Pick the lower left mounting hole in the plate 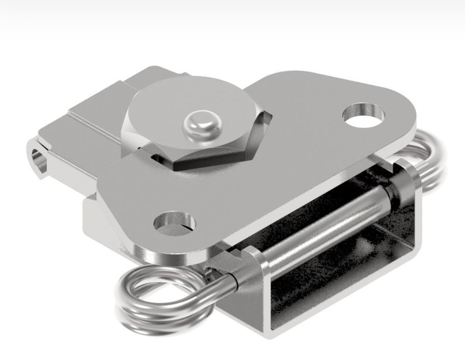(x=176, y=224)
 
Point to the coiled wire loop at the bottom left (x=153, y=296)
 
